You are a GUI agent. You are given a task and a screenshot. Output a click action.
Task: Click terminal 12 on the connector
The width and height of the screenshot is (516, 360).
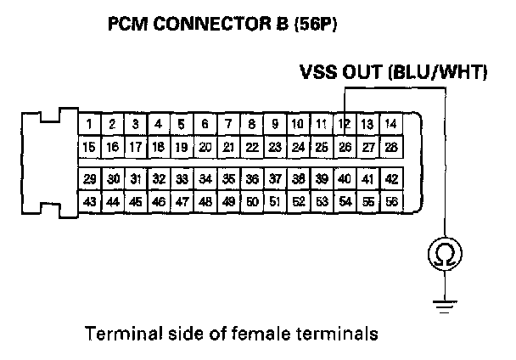345,125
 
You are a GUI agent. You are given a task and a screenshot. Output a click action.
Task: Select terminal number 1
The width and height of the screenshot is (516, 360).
89,125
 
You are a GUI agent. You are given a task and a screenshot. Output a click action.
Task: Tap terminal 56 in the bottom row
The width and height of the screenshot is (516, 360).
391,203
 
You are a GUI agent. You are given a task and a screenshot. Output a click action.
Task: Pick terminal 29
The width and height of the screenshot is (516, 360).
89,179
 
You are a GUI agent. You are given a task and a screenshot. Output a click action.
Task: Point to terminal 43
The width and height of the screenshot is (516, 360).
89,203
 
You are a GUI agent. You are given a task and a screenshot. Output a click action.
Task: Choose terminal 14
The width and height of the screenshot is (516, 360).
391,125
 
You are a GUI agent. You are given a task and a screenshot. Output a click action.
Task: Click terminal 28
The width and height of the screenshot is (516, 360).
391,147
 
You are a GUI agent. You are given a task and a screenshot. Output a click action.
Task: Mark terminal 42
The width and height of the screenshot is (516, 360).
391,179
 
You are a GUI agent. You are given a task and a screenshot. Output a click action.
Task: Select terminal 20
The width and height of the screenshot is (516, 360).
205,147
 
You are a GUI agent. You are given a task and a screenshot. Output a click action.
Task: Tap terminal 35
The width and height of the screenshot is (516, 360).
228,179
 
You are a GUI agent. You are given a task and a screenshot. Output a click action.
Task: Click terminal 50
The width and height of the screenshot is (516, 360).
252,203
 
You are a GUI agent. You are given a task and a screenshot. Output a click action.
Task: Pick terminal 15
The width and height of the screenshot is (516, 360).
89,147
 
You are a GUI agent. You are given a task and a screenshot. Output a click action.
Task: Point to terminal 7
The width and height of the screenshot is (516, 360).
228,125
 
